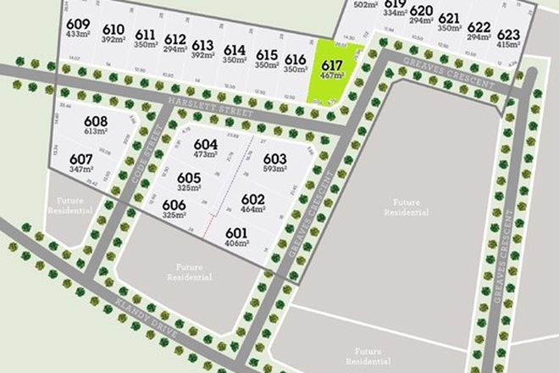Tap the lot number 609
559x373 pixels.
click(x=77, y=23)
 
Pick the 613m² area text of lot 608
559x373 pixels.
click(x=96, y=133)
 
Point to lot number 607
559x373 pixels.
click(x=80, y=159)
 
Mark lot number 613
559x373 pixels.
click(x=202, y=46)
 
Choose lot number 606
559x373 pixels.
click(x=174, y=205)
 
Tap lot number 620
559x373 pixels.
click(x=421, y=11)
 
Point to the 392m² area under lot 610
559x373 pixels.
click(x=113, y=39)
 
